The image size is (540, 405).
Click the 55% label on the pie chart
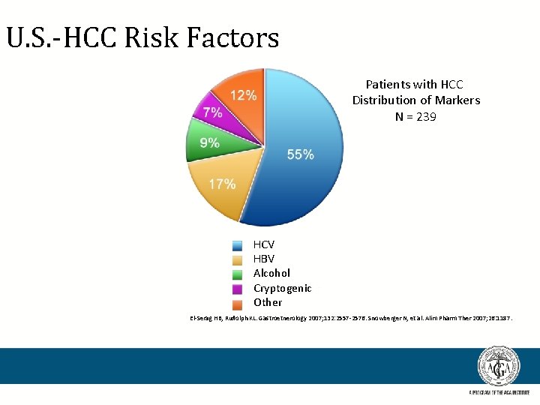pos(300,154)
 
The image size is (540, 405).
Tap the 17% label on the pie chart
pos(222,184)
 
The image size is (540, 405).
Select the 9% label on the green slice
pos(209,142)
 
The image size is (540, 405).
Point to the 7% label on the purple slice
pos(211,112)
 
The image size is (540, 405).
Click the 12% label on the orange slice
pos(243,95)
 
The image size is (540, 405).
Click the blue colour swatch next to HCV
pos(238,245)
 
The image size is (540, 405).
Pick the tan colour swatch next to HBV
pos(238,259)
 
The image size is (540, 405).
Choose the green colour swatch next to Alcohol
pos(238,274)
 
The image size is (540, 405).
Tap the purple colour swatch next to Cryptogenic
pos(238,289)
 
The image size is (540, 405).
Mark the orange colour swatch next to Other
pos(238,303)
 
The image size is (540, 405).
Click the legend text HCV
pos(264,244)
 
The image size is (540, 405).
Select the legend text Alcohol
pos(271,273)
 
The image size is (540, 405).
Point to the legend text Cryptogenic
pos(282,288)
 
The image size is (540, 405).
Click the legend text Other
pos(268,302)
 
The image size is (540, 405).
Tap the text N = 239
pos(416,117)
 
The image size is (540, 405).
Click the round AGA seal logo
pos(499,367)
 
